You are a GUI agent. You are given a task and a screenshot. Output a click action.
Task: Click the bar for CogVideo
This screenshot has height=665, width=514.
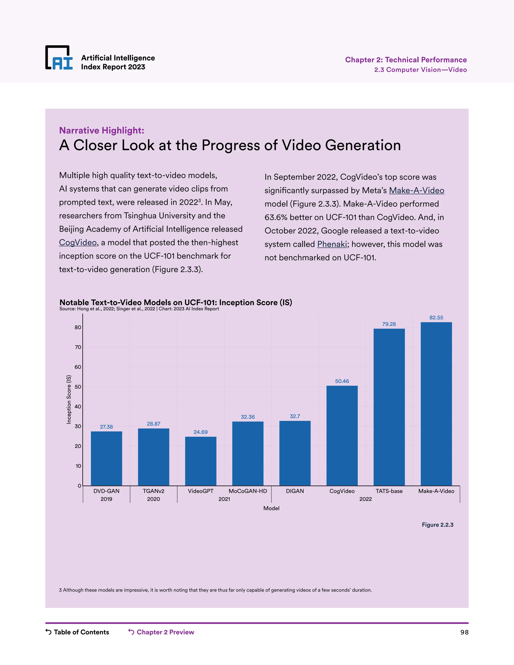click(342, 435)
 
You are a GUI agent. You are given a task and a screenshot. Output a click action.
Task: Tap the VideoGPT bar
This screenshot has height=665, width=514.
click(201, 461)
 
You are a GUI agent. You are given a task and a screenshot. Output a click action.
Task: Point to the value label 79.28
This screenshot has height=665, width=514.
click(389, 324)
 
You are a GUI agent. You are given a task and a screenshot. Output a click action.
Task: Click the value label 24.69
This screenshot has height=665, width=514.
click(201, 432)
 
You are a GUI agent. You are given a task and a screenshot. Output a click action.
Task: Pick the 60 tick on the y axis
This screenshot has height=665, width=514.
click(78, 367)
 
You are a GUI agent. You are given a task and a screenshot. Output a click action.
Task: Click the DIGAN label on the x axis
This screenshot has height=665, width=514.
click(295, 491)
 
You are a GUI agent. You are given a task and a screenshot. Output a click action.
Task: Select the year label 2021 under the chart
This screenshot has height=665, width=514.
click(224, 499)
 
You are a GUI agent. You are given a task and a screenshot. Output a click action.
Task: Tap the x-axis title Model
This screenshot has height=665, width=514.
click(271, 508)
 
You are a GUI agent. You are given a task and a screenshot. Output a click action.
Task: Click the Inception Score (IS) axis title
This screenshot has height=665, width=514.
click(69, 399)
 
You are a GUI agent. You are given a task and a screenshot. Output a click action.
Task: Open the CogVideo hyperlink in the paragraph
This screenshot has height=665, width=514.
click(78, 242)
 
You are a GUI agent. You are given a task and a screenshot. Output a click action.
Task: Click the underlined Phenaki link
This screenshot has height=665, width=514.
click(332, 244)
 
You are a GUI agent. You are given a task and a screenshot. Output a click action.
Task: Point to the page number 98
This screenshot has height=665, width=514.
click(464, 632)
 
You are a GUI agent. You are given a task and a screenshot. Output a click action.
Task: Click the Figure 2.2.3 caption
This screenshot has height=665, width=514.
click(437, 525)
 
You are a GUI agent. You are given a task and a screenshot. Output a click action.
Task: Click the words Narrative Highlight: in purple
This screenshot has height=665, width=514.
click(101, 130)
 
